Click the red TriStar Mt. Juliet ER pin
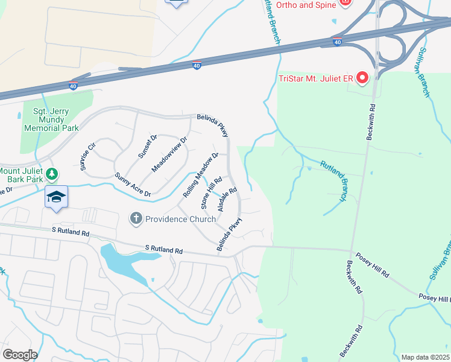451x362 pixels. [362, 78]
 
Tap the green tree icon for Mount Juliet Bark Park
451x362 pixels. [52, 174]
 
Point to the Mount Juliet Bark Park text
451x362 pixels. [22, 174]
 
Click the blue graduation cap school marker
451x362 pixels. [56, 197]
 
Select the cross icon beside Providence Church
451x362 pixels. [136, 218]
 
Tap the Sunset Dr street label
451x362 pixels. [147, 146]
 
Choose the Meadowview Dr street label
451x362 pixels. [169, 154]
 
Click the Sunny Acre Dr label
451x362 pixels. [132, 185]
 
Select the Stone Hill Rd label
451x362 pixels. [211, 192]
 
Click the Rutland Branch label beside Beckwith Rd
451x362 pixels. [334, 180]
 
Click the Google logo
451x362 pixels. [19, 355]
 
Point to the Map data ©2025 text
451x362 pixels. [426, 357]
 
